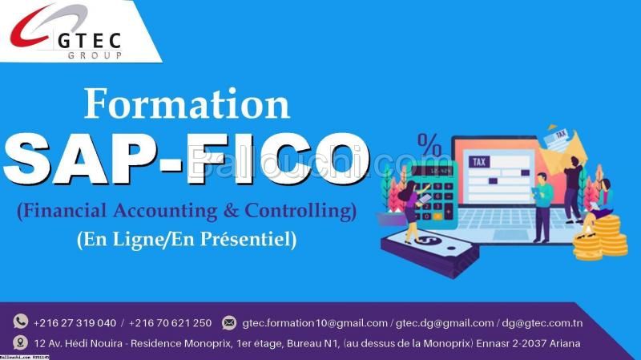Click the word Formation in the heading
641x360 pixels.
point(187,103)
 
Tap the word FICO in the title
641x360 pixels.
point(278,159)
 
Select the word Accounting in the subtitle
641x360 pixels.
point(165,211)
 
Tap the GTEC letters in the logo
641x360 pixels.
point(90,42)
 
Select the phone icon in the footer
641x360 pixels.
point(21,322)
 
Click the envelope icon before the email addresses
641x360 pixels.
point(229,323)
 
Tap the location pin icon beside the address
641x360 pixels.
point(20,343)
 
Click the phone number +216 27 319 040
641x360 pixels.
point(75,323)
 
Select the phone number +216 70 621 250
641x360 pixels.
point(170,323)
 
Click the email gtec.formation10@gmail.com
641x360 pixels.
point(315,323)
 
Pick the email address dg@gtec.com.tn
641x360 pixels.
point(542,323)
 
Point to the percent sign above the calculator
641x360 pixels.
point(429,145)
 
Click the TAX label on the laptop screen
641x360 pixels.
point(479,162)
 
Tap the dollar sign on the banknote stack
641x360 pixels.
point(426,239)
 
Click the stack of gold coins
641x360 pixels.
point(601,238)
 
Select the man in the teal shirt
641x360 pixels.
point(542,208)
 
